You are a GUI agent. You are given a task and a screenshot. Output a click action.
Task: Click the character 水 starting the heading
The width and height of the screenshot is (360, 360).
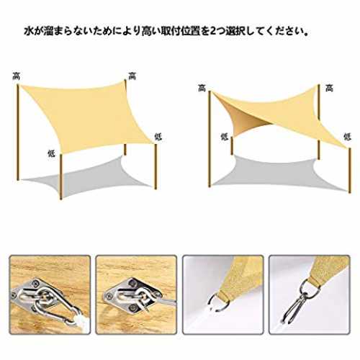pos(29,32)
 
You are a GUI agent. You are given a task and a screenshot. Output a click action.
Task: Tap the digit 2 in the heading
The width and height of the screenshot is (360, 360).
pos(213,32)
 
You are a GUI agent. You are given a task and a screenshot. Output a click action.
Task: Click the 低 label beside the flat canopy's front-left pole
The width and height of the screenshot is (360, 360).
pos(52,153)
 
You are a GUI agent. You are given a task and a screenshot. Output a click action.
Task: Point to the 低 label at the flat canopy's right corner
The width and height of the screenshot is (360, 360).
pos(158,136)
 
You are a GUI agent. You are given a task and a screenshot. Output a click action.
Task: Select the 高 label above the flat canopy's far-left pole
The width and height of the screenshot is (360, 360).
pos(17,76)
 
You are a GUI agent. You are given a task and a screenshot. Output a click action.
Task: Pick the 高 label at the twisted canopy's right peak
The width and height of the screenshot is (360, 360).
pos(330,88)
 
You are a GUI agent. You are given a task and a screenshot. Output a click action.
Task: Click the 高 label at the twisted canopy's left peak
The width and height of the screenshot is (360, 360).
pos(202,88)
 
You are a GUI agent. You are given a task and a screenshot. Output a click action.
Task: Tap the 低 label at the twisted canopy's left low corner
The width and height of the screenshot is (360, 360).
pos(225,137)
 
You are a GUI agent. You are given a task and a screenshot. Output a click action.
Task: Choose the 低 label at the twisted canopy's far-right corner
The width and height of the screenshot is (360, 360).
pos(348,137)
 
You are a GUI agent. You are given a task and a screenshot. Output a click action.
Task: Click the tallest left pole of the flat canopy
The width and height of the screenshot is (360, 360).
pos(18,132)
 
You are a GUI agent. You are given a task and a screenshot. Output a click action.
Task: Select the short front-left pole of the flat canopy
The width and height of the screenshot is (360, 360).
pos(61,176)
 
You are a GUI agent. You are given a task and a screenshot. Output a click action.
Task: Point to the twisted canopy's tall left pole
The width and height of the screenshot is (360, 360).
pos(210,139)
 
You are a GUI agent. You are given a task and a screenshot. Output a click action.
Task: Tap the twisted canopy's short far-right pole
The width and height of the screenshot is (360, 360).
pos(350,171)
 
